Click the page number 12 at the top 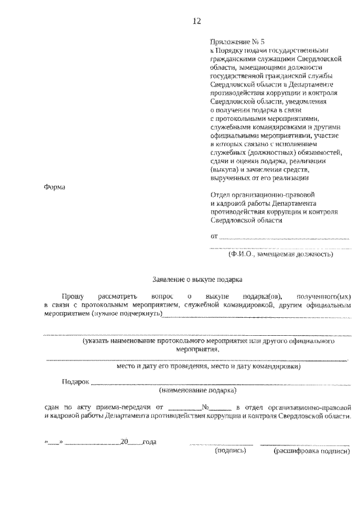(x=196, y=21)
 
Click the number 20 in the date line (x=124, y=442)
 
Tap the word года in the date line (x=149, y=442)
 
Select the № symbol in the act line (x=206, y=407)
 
